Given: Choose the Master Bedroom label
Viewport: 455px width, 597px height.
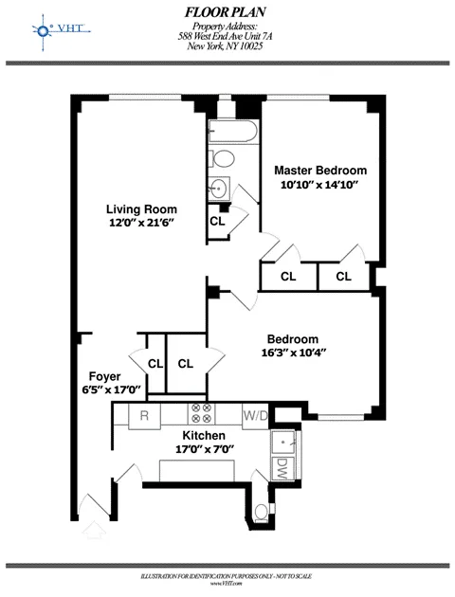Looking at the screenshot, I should [x=315, y=171].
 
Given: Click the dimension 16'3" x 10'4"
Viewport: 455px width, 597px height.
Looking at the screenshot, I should [x=291, y=353].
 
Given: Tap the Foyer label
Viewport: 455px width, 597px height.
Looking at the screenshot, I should [x=104, y=375].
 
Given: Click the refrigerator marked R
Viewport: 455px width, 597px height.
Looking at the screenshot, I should [x=144, y=415].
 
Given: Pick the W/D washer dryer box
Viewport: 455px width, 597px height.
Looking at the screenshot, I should [x=255, y=415].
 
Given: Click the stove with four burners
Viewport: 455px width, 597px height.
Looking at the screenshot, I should [x=201, y=413].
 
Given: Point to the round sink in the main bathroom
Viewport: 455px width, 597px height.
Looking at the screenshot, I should [x=219, y=186].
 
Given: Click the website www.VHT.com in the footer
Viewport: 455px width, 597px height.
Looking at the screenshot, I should [x=227, y=582].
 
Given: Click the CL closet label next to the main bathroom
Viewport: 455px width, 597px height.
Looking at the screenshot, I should [x=217, y=221].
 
